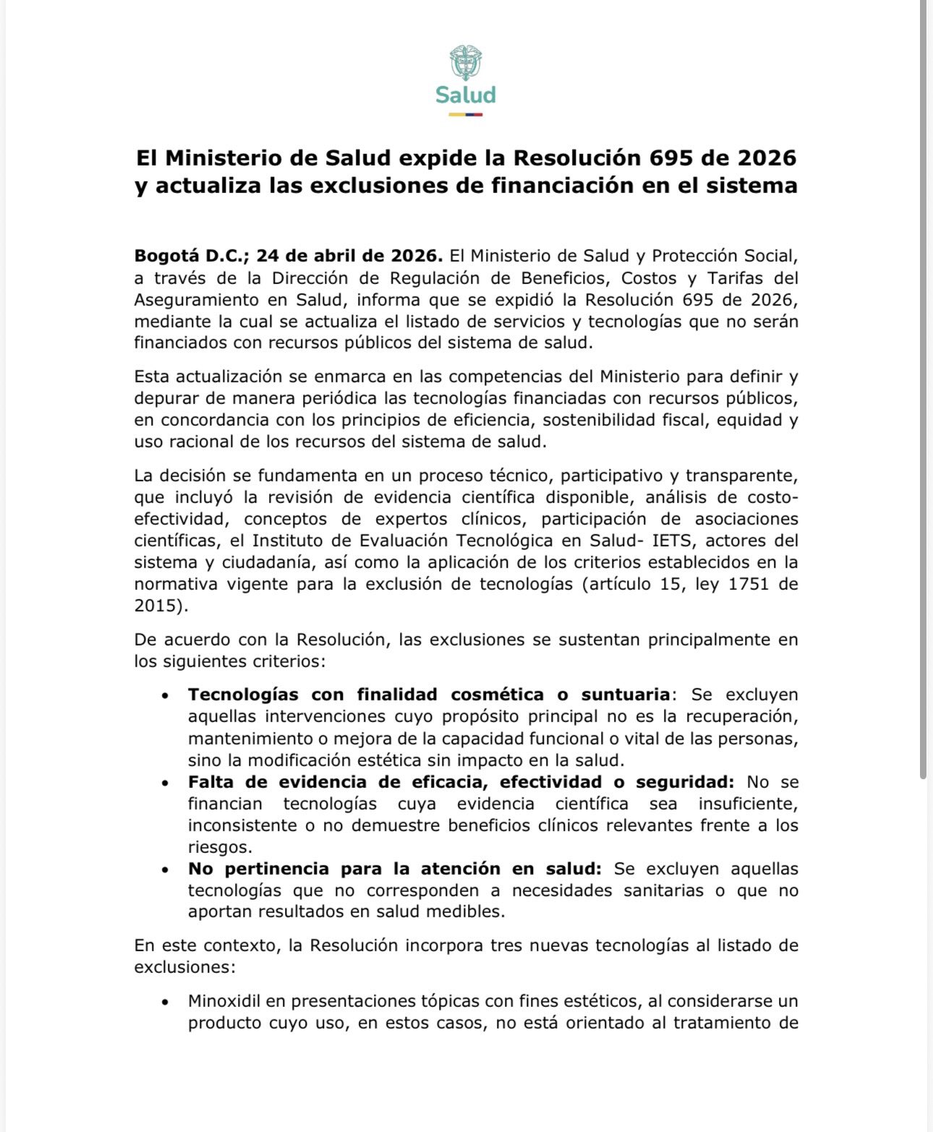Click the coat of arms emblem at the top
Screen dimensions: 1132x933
tap(465, 63)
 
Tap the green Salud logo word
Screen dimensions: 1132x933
tap(465, 95)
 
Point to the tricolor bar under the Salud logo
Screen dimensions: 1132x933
tap(465, 114)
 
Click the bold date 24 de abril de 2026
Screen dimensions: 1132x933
tap(349, 256)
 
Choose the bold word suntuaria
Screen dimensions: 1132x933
tap(626, 695)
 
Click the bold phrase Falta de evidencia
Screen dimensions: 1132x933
tap(278, 782)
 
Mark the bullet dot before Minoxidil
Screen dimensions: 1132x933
tap(166, 1002)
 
